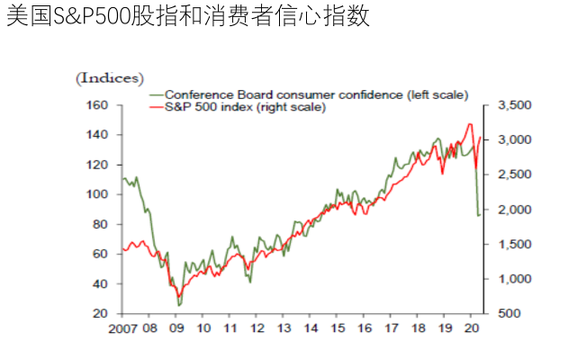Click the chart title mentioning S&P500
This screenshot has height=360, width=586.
coord(187,17)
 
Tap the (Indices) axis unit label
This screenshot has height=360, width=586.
coord(109,78)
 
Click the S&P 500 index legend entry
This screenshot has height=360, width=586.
coord(251,107)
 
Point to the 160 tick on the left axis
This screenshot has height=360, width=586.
coord(97,105)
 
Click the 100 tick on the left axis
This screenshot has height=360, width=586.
coord(97,194)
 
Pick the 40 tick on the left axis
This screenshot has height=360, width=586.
coord(100,283)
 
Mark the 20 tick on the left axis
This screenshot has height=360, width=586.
coord(100,313)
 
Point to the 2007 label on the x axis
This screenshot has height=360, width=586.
coord(122,328)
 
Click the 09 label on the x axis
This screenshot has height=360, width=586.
coord(176,328)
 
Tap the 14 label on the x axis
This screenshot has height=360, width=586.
coord(311,328)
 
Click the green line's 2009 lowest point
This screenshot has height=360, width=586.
coord(179,305)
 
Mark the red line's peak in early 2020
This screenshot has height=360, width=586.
coord(470,124)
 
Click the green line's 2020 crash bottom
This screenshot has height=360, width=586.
coord(478,215)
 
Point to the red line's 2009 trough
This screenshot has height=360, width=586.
coord(179,296)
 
